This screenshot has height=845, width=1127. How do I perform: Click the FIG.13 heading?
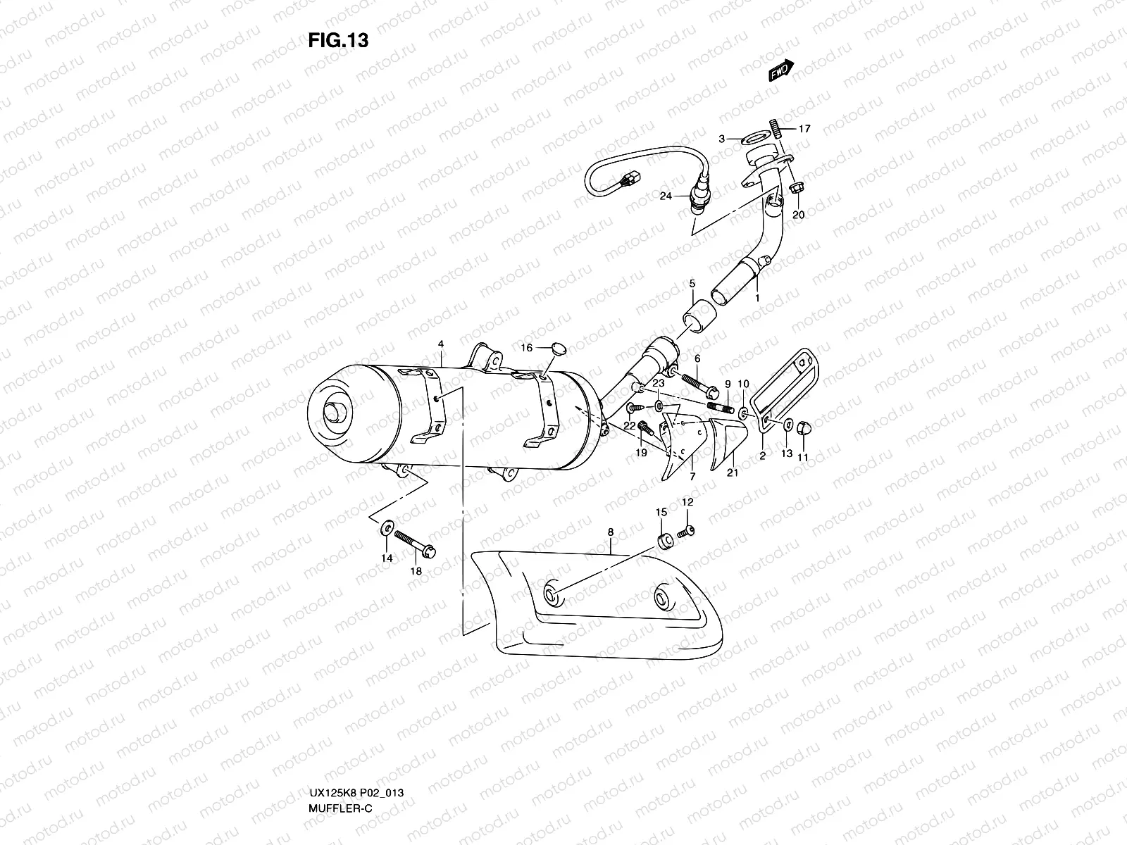338,41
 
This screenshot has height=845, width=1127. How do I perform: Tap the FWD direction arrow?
781,70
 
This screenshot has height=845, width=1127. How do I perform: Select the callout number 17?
805,129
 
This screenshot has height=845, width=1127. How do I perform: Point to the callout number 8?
610,533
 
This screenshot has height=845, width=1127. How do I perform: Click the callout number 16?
526,347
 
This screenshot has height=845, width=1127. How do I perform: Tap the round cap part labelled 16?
556,346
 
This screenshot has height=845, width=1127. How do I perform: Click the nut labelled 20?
796,189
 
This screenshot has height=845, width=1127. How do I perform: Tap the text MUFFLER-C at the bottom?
340,768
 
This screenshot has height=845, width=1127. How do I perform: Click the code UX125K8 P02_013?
356,753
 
